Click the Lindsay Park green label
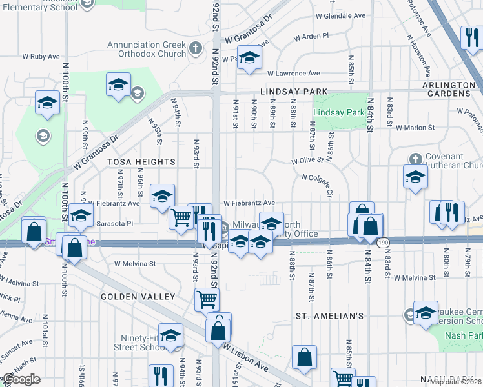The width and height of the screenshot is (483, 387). pos(338,112)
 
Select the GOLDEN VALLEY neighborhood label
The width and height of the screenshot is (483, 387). pos(138,297)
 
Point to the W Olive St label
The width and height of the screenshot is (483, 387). pos(307,161)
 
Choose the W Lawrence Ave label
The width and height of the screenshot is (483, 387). pos(294,74)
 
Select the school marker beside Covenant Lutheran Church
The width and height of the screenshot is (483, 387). pos(415,176)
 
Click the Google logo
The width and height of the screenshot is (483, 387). pos(21,379)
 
